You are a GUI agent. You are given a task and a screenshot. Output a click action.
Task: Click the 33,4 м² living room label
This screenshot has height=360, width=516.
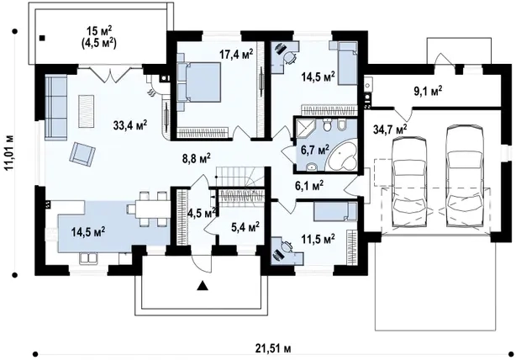pyautogui.click(x=130, y=125)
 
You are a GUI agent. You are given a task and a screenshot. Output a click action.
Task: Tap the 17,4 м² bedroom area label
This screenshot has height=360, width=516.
pyautogui.click(x=237, y=54)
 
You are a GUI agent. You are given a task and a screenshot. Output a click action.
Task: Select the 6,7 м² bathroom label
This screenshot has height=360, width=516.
pyautogui.click(x=315, y=151)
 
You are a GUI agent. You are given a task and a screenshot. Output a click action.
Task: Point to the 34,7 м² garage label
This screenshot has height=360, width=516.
pyautogui.click(x=390, y=129)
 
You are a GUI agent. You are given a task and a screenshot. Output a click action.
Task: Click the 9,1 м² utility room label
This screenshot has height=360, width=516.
pyautogui.click(x=428, y=91)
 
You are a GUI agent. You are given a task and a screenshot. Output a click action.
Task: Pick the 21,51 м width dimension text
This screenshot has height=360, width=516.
pyautogui.click(x=273, y=348)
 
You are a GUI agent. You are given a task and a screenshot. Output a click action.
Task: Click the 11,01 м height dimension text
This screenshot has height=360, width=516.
pyautogui.click(x=9, y=152)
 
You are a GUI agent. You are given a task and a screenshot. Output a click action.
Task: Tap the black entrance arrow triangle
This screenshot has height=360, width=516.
pyautogui.click(x=203, y=286)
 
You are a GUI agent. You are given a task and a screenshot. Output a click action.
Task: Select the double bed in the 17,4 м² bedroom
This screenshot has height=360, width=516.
pyautogui.click(x=199, y=82)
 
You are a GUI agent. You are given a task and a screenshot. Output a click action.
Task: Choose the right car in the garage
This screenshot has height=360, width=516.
pyautogui.click(x=465, y=176)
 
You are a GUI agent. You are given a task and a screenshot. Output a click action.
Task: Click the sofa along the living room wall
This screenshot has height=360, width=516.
pyautogui.click(x=56, y=108)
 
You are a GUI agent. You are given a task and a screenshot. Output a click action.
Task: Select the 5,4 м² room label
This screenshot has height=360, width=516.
pyautogui.click(x=245, y=227)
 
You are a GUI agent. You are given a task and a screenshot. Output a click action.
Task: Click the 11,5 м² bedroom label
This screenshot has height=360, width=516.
pyautogui.click(x=319, y=238)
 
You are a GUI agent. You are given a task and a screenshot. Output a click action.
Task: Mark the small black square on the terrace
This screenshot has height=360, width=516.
pyautogui.click(x=42, y=38)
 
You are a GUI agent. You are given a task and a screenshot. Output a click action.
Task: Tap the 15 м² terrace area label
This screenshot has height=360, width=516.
pyautogui.click(x=99, y=31)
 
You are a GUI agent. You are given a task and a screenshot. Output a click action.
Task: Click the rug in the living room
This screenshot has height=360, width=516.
pyautogui.click(x=86, y=111)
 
